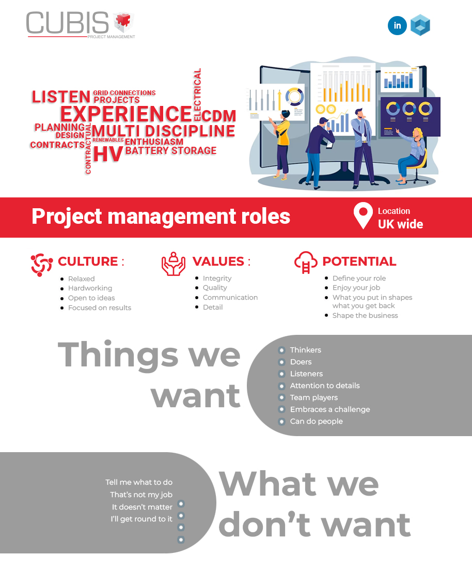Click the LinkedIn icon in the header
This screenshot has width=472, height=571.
[x=397, y=25]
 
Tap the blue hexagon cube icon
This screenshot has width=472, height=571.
[x=420, y=25]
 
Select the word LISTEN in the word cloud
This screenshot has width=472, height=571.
[x=61, y=97]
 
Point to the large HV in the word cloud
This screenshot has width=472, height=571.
[x=108, y=154]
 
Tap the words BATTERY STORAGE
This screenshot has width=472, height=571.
[x=170, y=151]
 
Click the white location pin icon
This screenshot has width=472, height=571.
[x=363, y=215]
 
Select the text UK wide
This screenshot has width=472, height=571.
[x=400, y=224]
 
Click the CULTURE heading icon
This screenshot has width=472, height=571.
[x=41, y=264]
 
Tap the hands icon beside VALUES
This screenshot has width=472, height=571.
[x=173, y=264]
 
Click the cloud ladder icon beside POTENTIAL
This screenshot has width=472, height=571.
[x=305, y=263]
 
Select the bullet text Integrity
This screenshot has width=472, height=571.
[x=217, y=278]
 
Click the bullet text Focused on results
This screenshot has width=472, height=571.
[x=100, y=307]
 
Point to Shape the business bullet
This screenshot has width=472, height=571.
[x=365, y=315]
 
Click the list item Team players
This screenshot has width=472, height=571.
[x=314, y=397]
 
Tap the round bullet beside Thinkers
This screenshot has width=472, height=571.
[x=281, y=350]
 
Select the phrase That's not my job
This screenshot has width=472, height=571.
[x=141, y=495]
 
